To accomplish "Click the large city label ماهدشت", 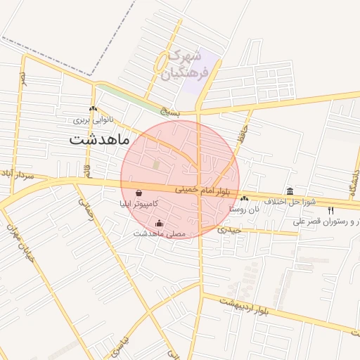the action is point(99,140).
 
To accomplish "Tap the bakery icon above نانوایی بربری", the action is point(94,108).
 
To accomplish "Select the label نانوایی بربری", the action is point(94,120).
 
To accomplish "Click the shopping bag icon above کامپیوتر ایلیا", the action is point(138,193).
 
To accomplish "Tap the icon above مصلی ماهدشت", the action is point(159,224).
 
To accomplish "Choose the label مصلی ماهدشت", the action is point(159,233).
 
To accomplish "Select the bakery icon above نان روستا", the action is point(245,199).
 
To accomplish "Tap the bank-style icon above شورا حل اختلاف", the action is point(290,191).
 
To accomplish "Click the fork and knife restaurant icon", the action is point(331,210).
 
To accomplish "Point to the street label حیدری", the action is point(229,229).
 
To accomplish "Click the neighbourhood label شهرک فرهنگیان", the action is point(186,63).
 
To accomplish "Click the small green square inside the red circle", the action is point(156,165).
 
